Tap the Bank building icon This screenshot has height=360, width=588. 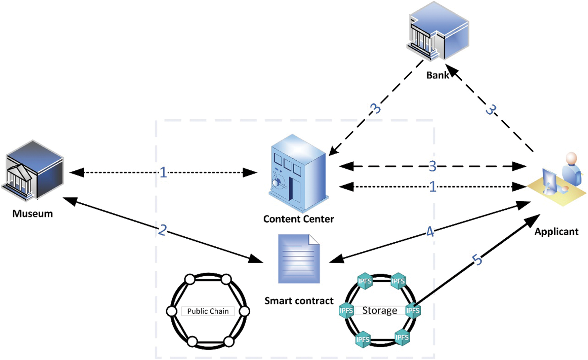coord(438,32)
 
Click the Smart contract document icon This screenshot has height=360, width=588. coord(299,259)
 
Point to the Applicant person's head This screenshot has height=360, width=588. coord(571,158)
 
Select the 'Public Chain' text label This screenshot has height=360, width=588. coord(208,311)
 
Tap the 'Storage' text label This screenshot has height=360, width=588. coord(380,310)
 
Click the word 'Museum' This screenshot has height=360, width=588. coord(33,214)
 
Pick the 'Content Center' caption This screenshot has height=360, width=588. coord(298,219)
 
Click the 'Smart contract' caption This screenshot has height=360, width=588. coord(299,301)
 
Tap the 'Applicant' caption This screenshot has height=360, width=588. coord(556,232)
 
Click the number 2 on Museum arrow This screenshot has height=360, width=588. coord(162,230)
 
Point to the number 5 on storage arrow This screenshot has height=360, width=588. coord(477,259)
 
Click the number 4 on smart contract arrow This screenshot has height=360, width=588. coord(430,232)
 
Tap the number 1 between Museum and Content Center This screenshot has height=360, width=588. coord(163,172)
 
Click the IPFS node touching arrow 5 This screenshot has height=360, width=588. coord(413,310)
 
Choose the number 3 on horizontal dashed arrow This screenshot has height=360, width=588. coord(432,166)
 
